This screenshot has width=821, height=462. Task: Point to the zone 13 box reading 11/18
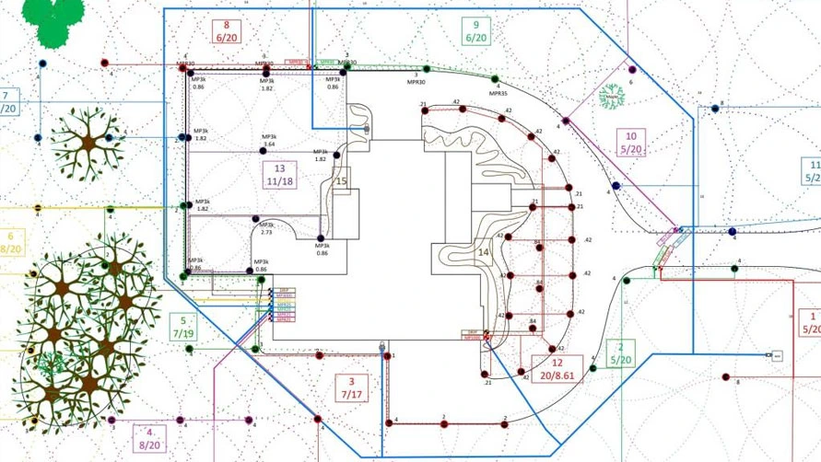click(279, 175)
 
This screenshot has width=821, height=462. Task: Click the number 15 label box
click(341, 181)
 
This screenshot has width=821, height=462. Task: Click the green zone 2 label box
click(620, 352)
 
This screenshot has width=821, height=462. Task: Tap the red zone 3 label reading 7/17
click(350, 387)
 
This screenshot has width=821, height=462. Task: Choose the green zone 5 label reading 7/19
click(181, 325)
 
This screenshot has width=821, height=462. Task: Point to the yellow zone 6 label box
click(11, 242)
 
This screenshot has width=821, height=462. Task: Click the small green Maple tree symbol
click(609, 98)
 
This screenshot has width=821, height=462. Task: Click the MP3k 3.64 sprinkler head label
click(269, 140)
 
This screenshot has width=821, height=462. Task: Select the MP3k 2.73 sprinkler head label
click(265, 228)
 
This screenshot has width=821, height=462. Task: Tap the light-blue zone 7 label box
click(7, 100)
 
